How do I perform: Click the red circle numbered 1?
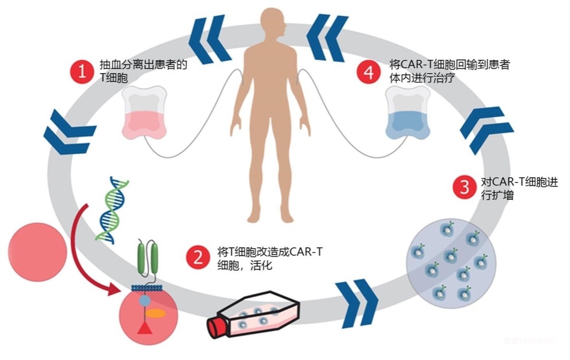(82, 71)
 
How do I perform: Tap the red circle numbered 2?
(198, 257)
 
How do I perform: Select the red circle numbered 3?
(464, 187)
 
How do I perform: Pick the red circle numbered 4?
(368, 72)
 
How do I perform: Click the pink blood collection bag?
(144, 112)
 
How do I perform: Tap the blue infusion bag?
(408, 112)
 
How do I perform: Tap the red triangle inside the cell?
(145, 328)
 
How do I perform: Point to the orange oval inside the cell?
(156, 313)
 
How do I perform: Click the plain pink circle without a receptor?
(38, 252)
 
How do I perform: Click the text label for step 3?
(519, 188)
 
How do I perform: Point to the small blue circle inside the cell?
(144, 301)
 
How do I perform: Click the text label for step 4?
(449, 71)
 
